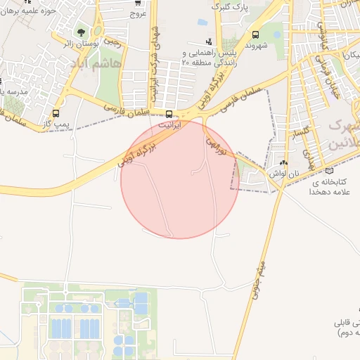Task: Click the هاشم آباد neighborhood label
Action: (x=95, y=65)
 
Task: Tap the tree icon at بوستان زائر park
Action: (x=82, y=32)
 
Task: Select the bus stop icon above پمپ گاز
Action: (x=56, y=111)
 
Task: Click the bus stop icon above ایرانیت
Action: (x=169, y=114)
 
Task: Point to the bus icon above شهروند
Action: (x=255, y=35)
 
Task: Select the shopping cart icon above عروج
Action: (x=137, y=2)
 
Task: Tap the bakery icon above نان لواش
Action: (x=283, y=162)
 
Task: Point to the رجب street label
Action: (x=112, y=41)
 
